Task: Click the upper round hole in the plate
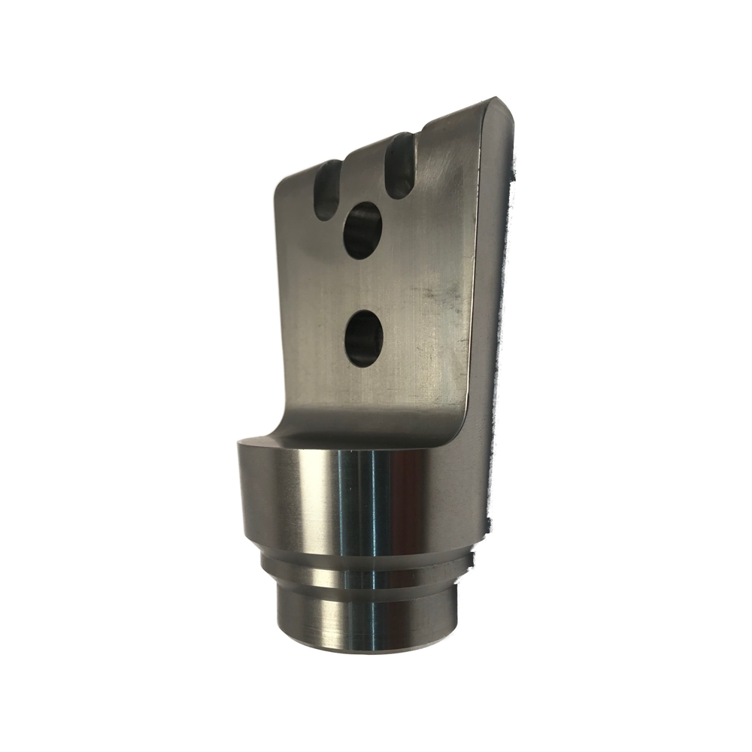tap(362, 230)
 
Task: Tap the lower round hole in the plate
tap(363, 338)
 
